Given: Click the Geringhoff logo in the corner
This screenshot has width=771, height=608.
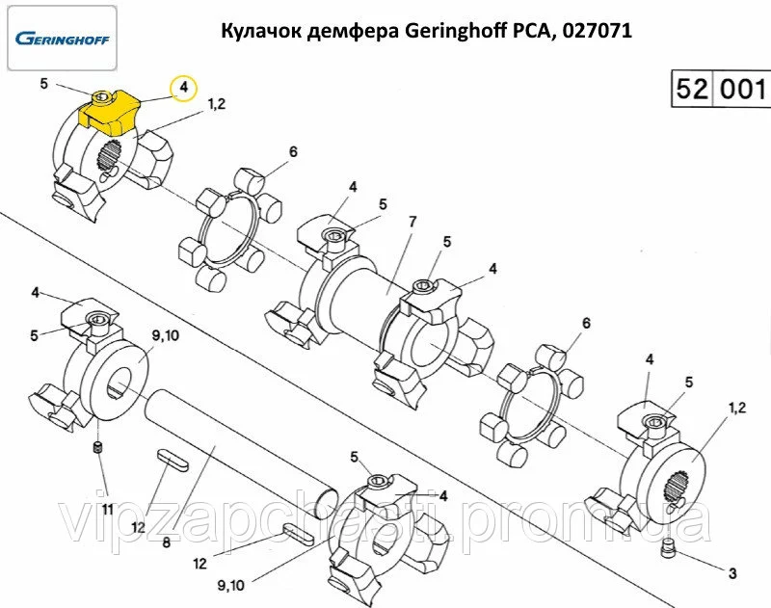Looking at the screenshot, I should tap(63, 40).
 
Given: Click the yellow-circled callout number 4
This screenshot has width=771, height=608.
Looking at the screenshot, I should tap(183, 89).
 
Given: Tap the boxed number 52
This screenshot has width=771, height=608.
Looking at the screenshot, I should tap(693, 91).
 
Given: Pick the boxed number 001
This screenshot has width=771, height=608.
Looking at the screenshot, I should tap(743, 91).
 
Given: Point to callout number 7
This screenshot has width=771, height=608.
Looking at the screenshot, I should tap(412, 222).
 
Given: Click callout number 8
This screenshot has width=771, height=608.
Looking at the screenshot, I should tap(166, 543).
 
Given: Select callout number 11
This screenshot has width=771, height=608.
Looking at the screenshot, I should tap(107, 508).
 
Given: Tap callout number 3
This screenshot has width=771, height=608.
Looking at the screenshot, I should tap(731, 573).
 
